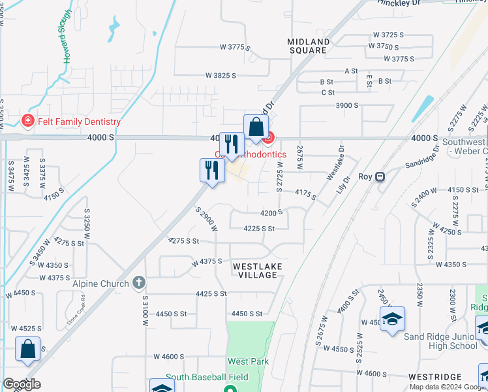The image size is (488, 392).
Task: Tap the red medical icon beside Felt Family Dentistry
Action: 27,121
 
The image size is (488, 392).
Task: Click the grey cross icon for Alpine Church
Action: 138,283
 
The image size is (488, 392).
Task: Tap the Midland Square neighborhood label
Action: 307,46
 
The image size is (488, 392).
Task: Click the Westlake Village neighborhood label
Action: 256,270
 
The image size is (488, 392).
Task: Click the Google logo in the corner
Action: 22,385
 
